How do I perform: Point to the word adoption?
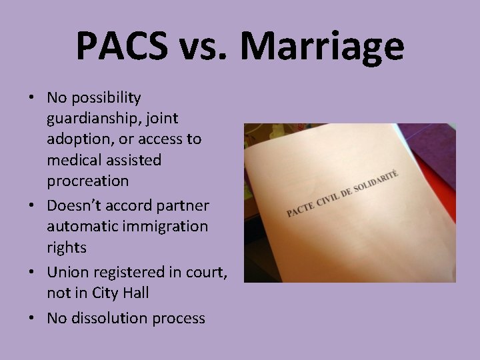tap(74, 140)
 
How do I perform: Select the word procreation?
tap(87, 181)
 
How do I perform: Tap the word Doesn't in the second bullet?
tap(71, 205)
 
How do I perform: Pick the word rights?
tap(67, 247)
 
